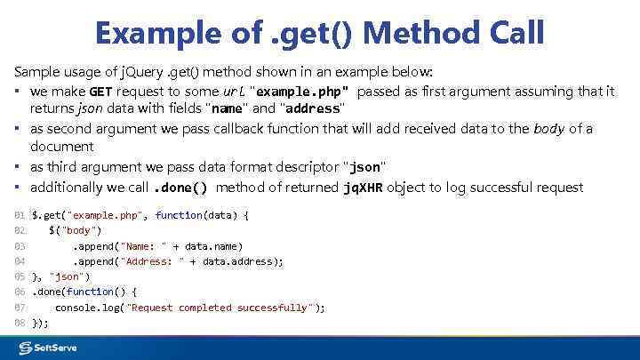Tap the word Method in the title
click(416, 34)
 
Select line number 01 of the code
click(20, 215)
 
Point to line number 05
click(20, 276)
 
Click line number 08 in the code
click(20, 323)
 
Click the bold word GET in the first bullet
click(100, 92)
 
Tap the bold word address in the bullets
click(312, 108)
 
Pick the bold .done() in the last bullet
click(181, 188)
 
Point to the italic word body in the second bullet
click(548, 129)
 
